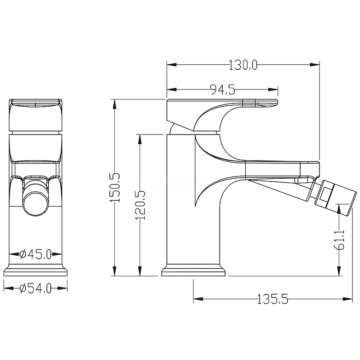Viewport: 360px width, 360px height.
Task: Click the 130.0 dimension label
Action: pyautogui.click(x=243, y=65)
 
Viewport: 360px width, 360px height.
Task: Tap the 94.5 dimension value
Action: pyautogui.click(x=222, y=90)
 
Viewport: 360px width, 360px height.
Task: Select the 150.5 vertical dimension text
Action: pyautogui.click(x=115, y=188)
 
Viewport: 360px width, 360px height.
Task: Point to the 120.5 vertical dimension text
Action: pyautogui.click(x=140, y=205)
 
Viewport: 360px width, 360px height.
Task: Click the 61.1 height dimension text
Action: pyautogui.click(x=339, y=239)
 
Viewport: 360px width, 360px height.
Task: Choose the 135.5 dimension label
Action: pyautogui.click(x=273, y=299)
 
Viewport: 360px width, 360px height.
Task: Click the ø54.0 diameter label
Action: pyautogui.click(x=36, y=288)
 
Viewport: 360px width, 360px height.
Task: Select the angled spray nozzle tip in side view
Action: pyautogui.click(x=335, y=198)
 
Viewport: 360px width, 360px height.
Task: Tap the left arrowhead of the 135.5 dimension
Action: pyautogui.click(x=198, y=299)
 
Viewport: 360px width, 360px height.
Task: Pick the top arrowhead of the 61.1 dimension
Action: pyautogui.click(x=339, y=209)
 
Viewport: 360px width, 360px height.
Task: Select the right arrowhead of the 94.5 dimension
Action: pyautogui.click(x=273, y=90)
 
